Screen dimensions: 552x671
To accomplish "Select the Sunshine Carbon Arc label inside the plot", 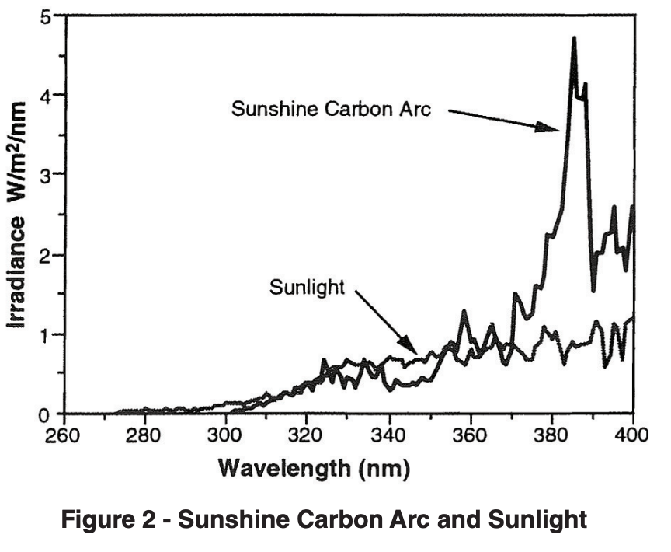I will (x=331, y=108).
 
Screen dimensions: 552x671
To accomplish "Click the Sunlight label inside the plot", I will (x=306, y=287).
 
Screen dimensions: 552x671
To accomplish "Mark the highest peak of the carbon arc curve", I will (x=574, y=37).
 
